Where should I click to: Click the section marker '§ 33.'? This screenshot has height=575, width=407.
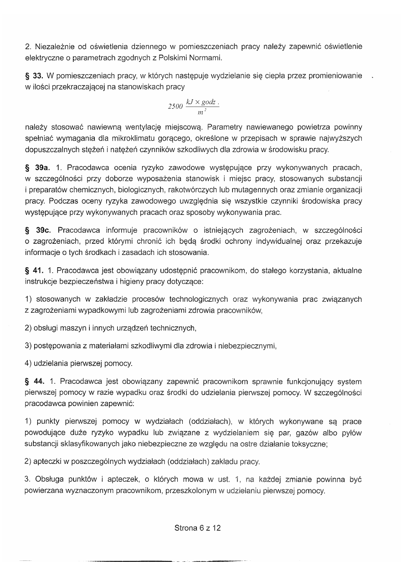(x=34, y=75)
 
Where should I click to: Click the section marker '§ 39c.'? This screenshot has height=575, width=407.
(x=36, y=232)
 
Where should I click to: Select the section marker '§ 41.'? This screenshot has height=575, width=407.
(x=34, y=271)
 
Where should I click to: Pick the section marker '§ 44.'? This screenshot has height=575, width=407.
(x=34, y=381)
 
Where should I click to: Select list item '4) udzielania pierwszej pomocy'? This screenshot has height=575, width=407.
(x=79, y=363)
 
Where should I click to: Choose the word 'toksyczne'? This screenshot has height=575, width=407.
(x=311, y=445)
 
